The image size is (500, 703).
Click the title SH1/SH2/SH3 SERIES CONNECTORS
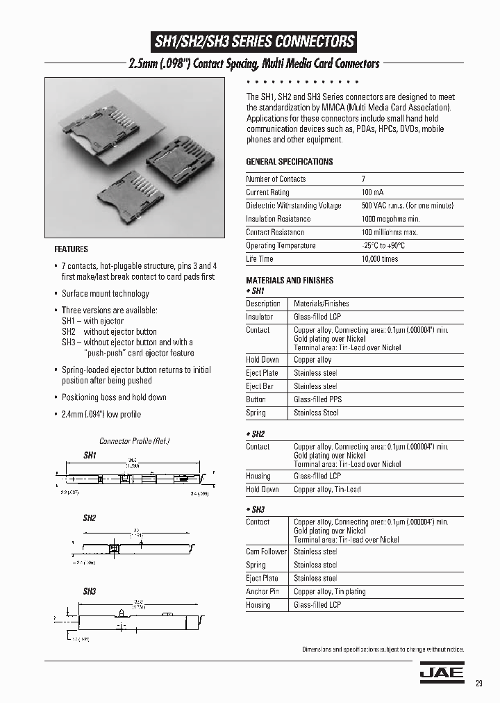[x=253, y=42]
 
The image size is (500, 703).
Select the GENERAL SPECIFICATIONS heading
[x=290, y=162]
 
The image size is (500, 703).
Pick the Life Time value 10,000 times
[x=380, y=259]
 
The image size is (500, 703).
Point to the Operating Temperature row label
[x=281, y=246]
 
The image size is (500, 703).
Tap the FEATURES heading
[x=71, y=249]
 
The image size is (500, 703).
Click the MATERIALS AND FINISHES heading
[x=290, y=281]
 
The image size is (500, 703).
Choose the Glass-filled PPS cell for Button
[x=317, y=399]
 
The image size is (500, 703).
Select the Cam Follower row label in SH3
[x=266, y=552]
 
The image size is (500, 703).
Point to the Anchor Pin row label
[x=262, y=592]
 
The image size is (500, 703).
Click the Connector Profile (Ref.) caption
[x=134, y=441]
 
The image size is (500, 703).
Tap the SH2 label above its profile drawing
[x=90, y=518]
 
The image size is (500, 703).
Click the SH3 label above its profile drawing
[x=90, y=592]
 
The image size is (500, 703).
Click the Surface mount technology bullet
[x=105, y=294]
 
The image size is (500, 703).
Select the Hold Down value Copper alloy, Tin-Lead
[x=327, y=490]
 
